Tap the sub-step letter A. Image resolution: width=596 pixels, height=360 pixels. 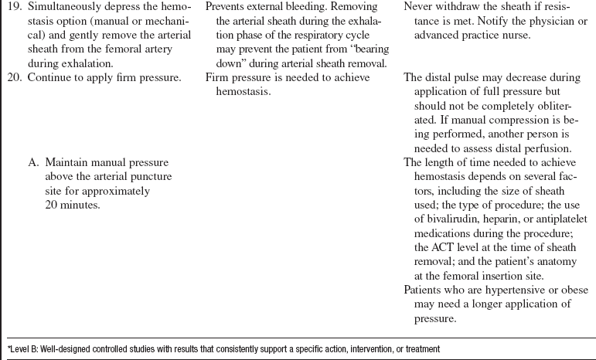[x=32, y=162]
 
